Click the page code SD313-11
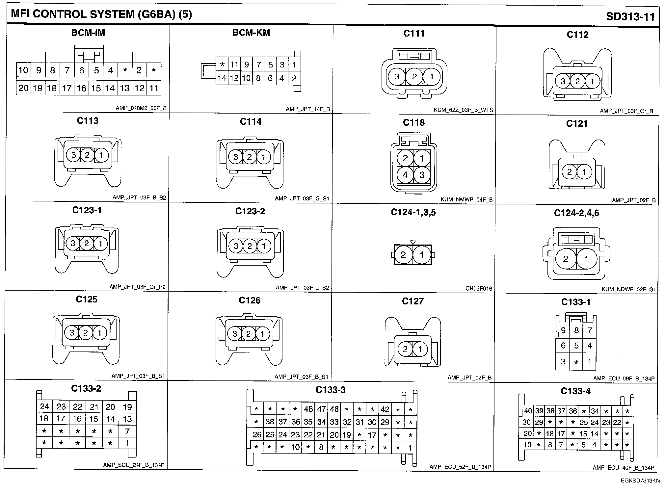click(630, 16)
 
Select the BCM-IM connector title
click(88, 33)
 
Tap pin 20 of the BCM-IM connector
click(23, 88)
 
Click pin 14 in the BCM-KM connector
click(222, 78)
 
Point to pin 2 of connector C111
click(414, 77)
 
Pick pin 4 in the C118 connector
click(405, 175)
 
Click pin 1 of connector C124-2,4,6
click(586, 259)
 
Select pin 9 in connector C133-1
click(563, 330)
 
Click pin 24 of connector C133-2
click(44, 406)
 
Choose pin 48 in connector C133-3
click(308, 409)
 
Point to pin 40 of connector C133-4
click(528, 411)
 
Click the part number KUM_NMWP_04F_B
click(466, 200)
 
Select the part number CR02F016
click(479, 289)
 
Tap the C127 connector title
click(412, 301)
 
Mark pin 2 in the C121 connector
click(570, 172)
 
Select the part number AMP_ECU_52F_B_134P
click(460, 467)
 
